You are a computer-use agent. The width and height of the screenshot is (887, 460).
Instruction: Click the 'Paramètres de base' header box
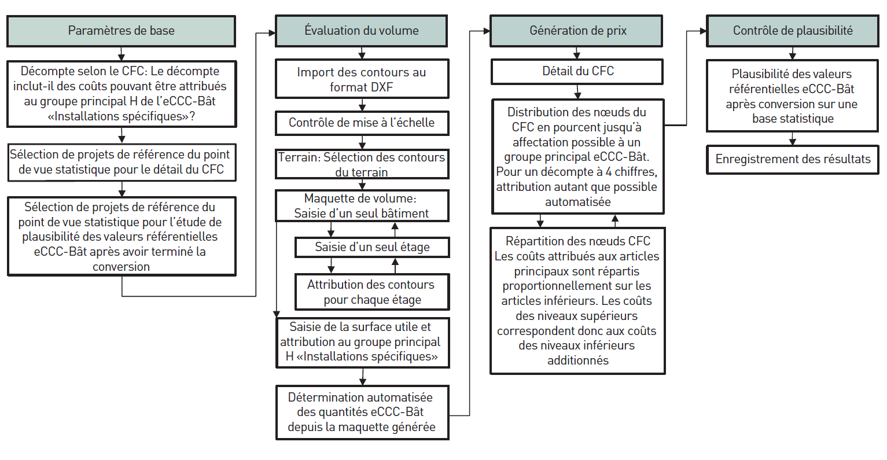tap(121, 31)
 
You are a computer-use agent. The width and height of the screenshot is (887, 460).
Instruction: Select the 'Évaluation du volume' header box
tap(361, 31)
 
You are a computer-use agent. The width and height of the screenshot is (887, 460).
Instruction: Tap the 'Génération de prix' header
tap(576, 31)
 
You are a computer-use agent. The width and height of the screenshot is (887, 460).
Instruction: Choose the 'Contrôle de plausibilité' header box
tap(793, 31)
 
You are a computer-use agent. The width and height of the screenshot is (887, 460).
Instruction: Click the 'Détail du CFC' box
tap(577, 72)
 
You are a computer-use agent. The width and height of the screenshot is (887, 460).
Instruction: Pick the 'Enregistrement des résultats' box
tap(793, 160)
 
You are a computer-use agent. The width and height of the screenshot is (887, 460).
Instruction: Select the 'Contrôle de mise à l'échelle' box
tap(362, 123)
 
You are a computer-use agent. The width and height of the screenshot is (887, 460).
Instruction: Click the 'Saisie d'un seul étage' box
tap(372, 248)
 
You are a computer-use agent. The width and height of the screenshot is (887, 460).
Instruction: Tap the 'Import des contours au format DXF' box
tap(362, 79)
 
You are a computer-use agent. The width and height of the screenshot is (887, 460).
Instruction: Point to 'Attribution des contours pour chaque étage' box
tap(372, 292)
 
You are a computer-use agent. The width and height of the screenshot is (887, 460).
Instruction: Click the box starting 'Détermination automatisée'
tap(362, 413)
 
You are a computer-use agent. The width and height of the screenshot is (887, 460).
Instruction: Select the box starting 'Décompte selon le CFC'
tap(122, 94)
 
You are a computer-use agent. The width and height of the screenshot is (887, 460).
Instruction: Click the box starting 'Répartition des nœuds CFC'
tap(577, 301)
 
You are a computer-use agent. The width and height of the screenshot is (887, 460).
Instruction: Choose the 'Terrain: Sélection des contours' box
tap(362, 164)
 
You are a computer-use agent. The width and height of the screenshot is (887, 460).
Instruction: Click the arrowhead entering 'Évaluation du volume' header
tap(272, 33)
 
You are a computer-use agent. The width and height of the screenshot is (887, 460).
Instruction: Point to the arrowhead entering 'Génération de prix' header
tap(487, 31)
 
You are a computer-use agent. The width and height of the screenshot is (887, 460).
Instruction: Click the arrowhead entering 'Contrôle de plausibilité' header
tap(703, 31)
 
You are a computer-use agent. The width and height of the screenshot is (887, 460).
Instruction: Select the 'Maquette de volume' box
tap(362, 206)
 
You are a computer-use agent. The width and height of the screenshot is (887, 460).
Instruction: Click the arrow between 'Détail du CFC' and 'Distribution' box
tap(578, 92)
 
